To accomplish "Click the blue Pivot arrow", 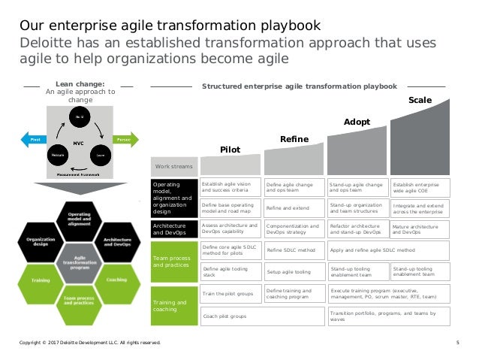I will pos(34,140).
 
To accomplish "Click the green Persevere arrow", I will pos(124,140).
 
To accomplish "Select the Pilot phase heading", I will pos(230,150).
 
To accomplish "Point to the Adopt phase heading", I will pos(357,121).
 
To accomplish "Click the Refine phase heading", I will pos(294,139).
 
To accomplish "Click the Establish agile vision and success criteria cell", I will pos(231,186).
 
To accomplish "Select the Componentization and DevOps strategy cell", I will pos(294,228).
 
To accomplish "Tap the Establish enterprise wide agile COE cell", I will pos(420,186).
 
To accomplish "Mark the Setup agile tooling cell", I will pos(294,271).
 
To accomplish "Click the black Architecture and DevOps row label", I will pos(174,228).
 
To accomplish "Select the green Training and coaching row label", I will pos(174,304).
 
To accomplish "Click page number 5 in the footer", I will pos(458,344).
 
